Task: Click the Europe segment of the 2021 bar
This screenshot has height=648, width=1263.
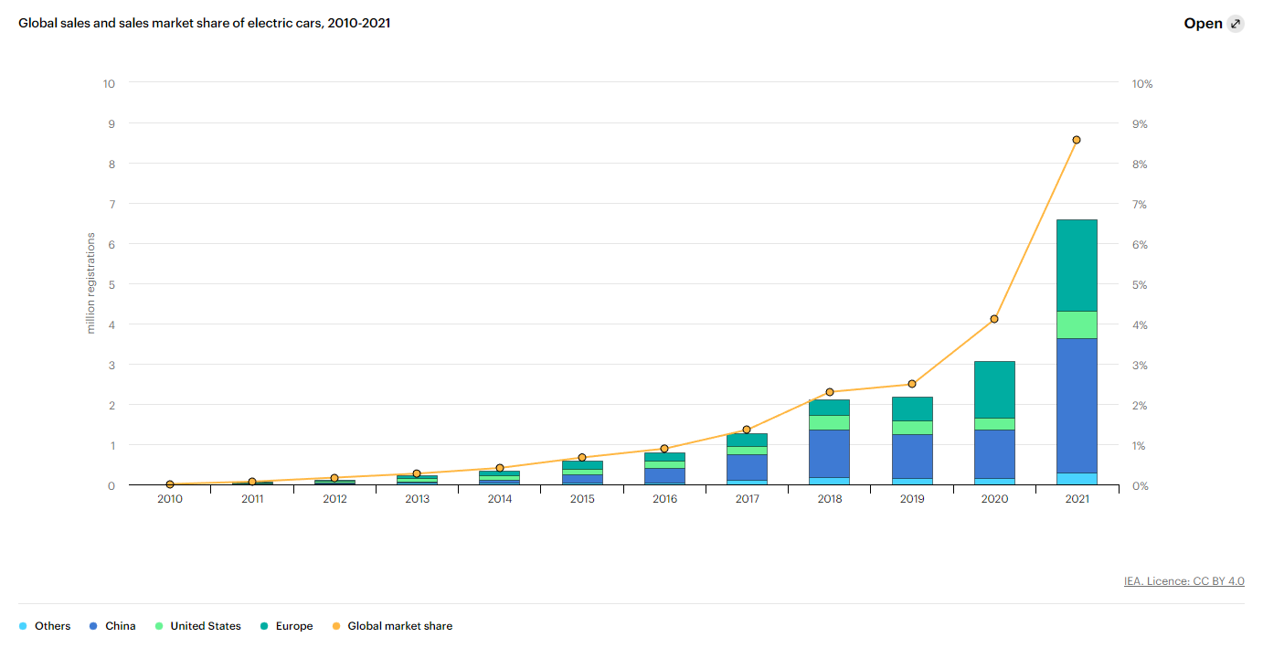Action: pyautogui.click(x=1077, y=265)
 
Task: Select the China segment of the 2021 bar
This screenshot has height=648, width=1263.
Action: pyautogui.click(x=1077, y=406)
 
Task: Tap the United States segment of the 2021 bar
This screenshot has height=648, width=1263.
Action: pyautogui.click(x=1077, y=324)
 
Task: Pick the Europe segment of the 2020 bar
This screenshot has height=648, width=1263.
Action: pyautogui.click(x=994, y=389)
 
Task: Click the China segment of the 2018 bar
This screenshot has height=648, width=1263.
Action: pyautogui.click(x=830, y=454)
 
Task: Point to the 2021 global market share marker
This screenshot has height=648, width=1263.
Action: pyautogui.click(x=1077, y=140)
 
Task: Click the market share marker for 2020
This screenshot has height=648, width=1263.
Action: pyautogui.click(x=994, y=319)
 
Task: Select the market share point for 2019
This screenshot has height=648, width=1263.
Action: pyautogui.click(x=912, y=384)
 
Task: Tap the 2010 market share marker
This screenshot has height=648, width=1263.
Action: pyautogui.click(x=170, y=484)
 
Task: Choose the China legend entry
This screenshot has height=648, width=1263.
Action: pyautogui.click(x=112, y=626)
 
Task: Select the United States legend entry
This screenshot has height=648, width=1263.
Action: pyautogui.click(x=198, y=626)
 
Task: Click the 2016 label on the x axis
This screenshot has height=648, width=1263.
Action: pyautogui.click(x=664, y=499)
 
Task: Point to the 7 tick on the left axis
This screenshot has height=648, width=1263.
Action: pyautogui.click(x=111, y=204)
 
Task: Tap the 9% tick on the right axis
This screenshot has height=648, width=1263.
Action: pyautogui.click(x=1140, y=124)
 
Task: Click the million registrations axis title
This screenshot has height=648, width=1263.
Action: pyautogui.click(x=90, y=283)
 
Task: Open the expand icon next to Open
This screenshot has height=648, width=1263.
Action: pyautogui.click(x=1236, y=24)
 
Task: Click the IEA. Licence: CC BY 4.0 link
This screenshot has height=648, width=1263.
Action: pyautogui.click(x=1184, y=581)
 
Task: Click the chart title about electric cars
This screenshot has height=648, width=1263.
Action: pyautogui.click(x=204, y=23)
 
